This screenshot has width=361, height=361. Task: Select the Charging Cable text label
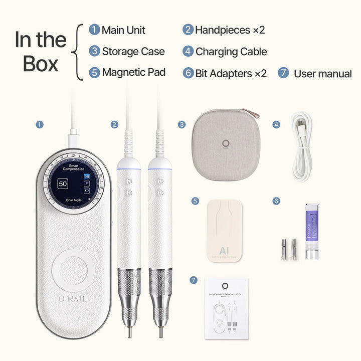[231, 52]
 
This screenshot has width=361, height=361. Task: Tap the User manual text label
[322, 74]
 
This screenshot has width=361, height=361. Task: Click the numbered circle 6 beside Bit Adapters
[188, 73]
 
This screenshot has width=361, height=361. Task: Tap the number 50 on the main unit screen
[63, 184]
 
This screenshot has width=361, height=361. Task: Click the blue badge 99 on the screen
[86, 176]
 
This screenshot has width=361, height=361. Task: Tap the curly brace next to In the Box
[77, 52]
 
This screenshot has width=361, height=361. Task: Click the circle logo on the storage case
[226, 142]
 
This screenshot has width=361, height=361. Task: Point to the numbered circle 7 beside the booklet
[194, 280]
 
